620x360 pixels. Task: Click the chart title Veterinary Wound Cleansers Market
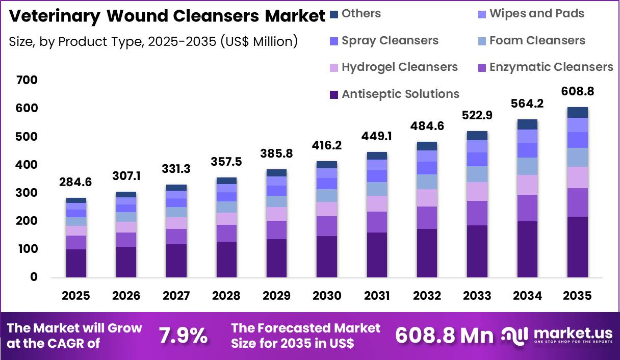(x=167, y=16)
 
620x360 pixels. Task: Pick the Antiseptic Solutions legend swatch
(x=334, y=94)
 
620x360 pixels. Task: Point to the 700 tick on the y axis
(x=27, y=80)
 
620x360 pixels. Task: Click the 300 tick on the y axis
(x=27, y=193)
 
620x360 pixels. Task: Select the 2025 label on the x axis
(x=75, y=296)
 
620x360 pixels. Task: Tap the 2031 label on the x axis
(x=376, y=296)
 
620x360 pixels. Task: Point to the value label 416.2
(x=326, y=145)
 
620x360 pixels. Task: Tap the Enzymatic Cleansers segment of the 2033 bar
(x=477, y=213)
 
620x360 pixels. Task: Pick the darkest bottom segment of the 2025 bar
(x=75, y=263)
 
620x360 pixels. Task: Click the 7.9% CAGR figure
(x=183, y=336)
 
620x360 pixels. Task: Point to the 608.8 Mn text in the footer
(x=444, y=336)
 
